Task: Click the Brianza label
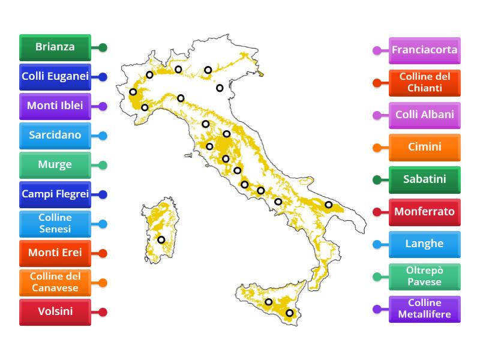coord(55,47)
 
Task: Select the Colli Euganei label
coord(55,76)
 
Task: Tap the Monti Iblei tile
coord(55,106)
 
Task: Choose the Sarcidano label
coord(55,135)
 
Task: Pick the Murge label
coord(55,164)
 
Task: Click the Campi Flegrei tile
coord(55,194)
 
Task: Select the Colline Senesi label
coord(55,223)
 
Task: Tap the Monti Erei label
coord(55,253)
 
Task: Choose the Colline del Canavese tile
coord(55,282)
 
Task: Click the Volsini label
coord(55,311)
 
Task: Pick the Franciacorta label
coord(425,50)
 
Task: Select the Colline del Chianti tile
coord(425,82)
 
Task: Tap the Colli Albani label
coord(425,115)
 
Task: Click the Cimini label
coord(425,147)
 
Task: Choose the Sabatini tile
coord(425,179)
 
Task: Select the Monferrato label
coord(425,212)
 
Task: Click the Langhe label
coord(425,244)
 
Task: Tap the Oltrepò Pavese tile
coord(425,277)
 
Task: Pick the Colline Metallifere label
coord(425,309)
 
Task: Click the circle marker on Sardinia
coord(161,240)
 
